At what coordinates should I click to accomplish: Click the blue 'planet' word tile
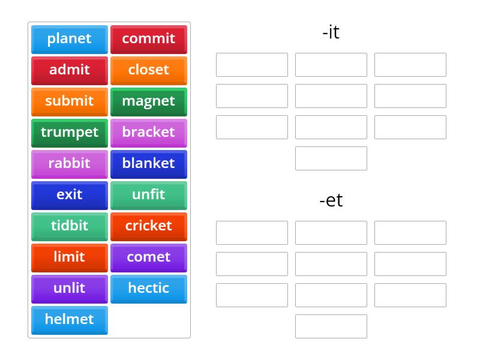pos(70,40)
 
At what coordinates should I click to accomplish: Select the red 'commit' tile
pos(149,40)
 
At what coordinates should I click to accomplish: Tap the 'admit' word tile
pos(70,71)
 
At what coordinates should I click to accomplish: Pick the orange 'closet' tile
pos(149,71)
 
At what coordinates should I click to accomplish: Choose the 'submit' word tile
pos(70,102)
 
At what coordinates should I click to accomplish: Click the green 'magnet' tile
pos(149,102)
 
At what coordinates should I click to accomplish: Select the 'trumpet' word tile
pos(70,133)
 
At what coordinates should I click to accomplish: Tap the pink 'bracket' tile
pos(149,133)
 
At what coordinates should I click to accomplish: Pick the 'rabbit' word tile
pos(70,164)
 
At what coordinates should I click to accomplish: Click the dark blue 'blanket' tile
pos(149,164)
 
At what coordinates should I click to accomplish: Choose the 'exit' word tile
pos(70,196)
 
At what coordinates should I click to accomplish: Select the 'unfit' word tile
pos(149,196)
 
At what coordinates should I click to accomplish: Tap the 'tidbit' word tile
pos(70,227)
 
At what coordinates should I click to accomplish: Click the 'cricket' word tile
pos(149,227)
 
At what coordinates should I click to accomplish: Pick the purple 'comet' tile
pos(149,258)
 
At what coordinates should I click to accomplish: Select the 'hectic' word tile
pos(149,289)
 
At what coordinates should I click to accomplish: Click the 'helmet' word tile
pos(70,320)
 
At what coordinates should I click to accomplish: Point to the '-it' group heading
pos(331,32)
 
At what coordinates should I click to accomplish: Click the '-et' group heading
pos(331,200)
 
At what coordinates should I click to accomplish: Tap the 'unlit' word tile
pos(70,289)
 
